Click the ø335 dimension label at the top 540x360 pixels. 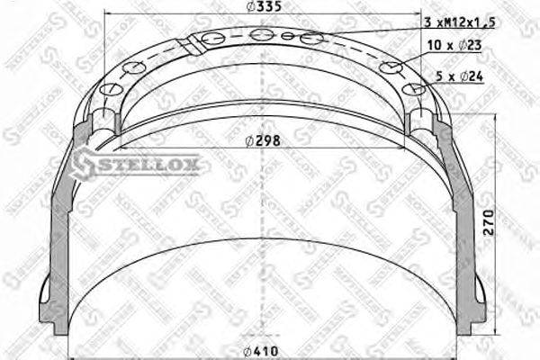pos(261,9)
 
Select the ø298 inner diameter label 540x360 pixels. pos(261,141)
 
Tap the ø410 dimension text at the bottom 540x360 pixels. pos(261,349)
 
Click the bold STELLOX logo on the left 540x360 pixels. pos(139,164)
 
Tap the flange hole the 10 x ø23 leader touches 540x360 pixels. pos(391,67)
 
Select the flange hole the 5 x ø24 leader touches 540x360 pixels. pos(413,88)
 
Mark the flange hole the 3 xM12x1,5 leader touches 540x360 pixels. pos(310,38)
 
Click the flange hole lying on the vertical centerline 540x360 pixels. pos(262,34)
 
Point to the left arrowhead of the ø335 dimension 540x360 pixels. pos(108,16)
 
